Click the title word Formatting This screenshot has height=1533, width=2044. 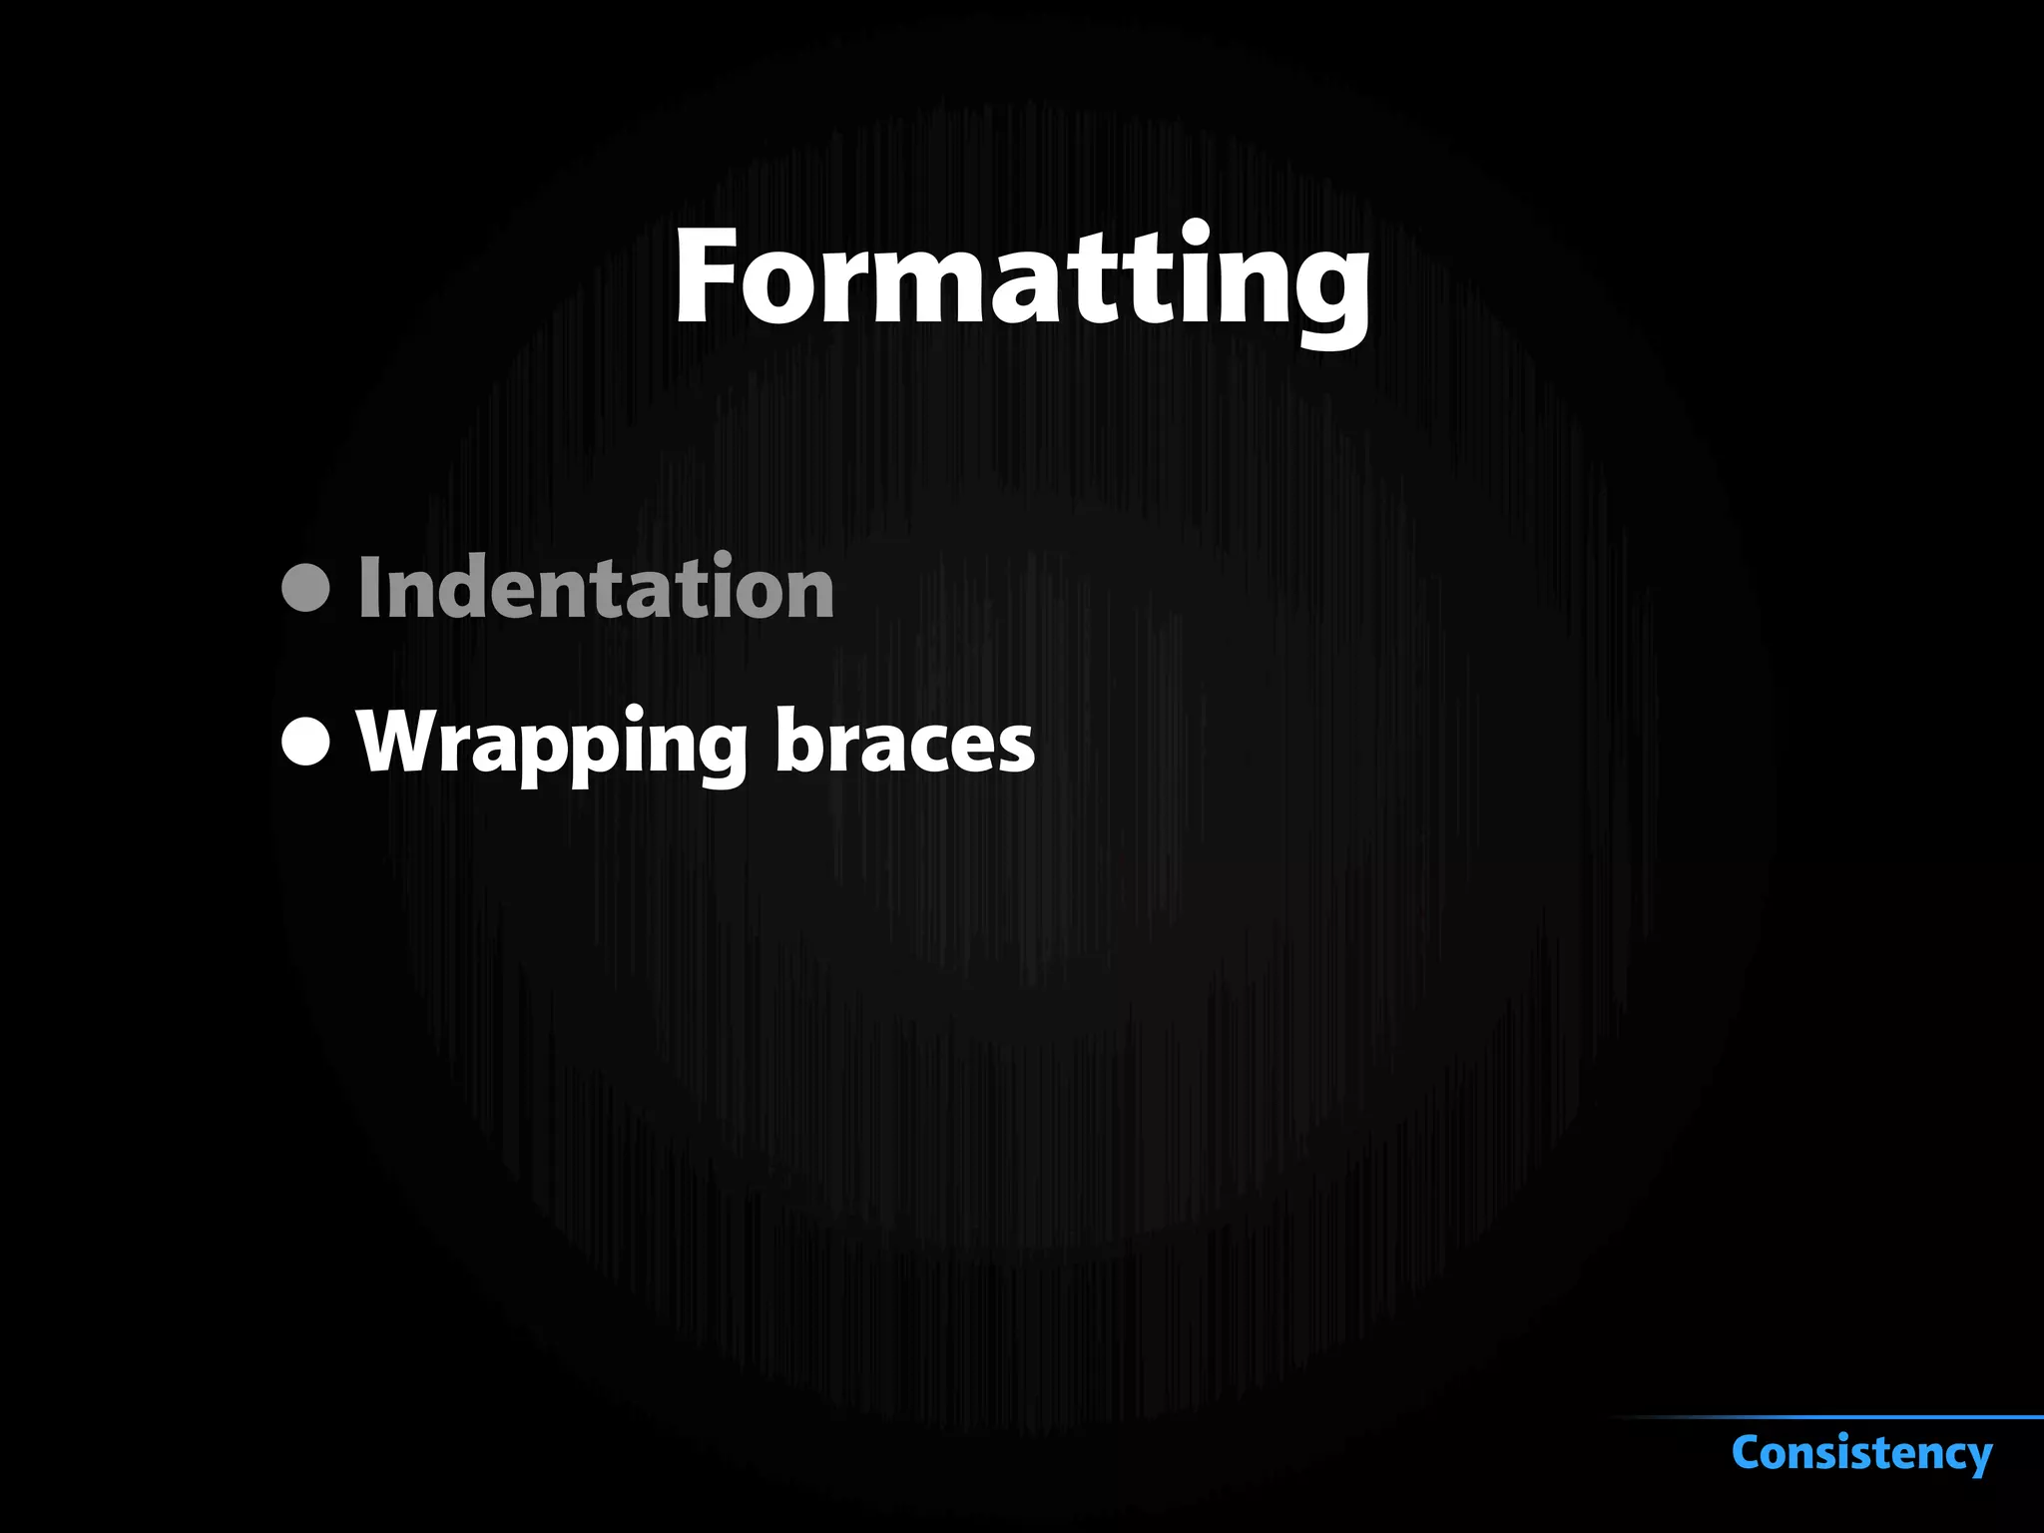[1022, 277]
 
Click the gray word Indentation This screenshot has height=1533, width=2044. [596, 589]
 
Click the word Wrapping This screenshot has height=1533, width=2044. [552, 745]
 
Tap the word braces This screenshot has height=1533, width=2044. [905, 743]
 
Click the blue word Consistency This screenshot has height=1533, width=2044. [1861, 1453]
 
